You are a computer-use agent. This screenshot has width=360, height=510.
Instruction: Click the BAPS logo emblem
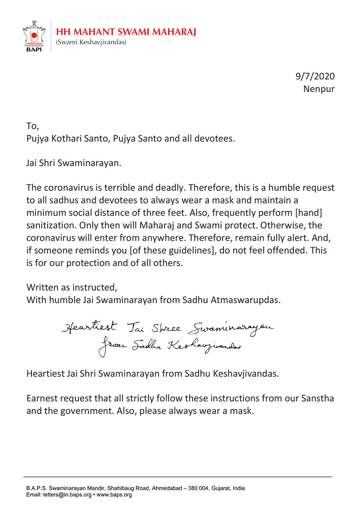pos(34,36)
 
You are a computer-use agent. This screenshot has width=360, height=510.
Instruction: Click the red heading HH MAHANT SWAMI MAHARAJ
pos(126,32)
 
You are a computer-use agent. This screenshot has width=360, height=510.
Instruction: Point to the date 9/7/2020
pos(315,76)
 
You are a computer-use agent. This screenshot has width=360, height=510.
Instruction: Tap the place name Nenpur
pos(319,89)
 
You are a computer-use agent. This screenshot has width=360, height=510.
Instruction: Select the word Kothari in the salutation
pos(67,139)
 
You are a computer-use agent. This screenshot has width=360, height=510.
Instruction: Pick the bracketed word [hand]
pos(309,213)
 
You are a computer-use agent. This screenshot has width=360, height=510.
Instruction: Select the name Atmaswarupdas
pos(245,300)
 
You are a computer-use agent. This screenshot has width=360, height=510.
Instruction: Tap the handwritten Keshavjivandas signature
pos(204,346)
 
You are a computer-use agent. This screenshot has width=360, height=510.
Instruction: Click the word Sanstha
pos(317,398)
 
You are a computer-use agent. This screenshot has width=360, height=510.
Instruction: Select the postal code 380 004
pos(198,488)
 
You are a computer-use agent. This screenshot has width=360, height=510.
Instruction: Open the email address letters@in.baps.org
pos(67,495)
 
